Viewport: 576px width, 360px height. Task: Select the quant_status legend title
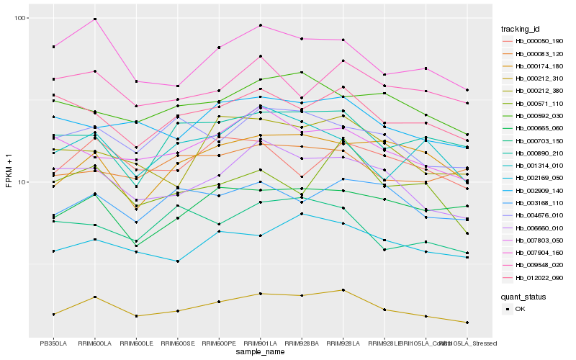(x=525, y=296)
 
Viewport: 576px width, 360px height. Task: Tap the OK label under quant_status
(x=520, y=309)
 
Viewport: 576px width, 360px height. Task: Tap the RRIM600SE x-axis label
(x=177, y=343)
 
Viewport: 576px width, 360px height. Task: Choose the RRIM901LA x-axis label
(x=260, y=343)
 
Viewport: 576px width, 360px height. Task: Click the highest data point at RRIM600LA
(x=94, y=19)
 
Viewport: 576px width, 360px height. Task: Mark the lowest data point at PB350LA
(x=53, y=315)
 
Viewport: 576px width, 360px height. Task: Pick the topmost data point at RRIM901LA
(x=260, y=26)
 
